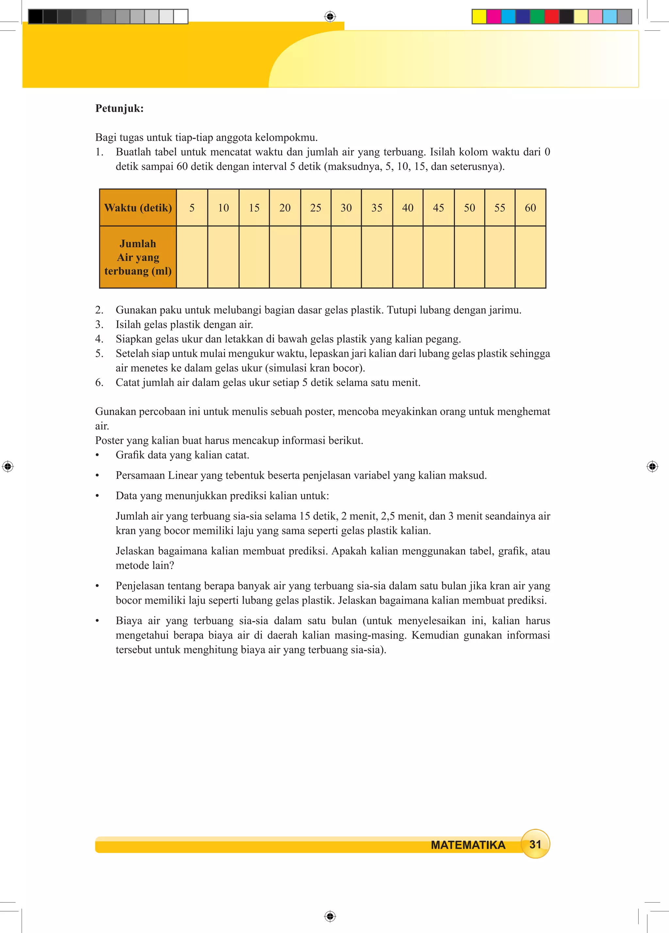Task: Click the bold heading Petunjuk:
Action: [119, 109]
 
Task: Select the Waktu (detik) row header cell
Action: [138, 208]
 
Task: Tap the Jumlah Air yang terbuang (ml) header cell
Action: [138, 257]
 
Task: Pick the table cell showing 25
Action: [316, 208]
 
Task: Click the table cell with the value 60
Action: [530, 208]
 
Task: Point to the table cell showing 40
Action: [408, 208]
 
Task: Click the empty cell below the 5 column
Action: [192, 257]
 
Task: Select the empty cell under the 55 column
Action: [499, 257]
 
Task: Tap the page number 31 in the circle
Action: [535, 844]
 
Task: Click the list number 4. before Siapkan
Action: [99, 339]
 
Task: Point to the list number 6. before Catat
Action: [99, 383]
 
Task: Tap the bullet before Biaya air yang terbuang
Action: [98, 621]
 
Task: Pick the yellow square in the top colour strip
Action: [479, 16]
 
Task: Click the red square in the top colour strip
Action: [551, 16]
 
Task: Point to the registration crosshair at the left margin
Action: [8, 466]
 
